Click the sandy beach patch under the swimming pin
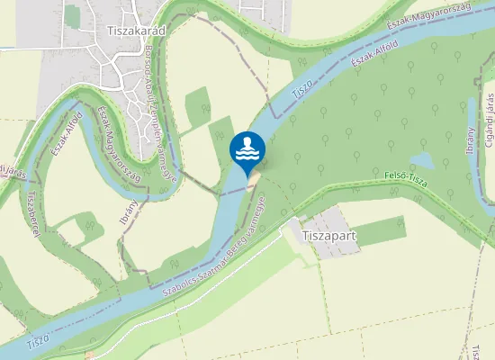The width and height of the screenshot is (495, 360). coord(253,184)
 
